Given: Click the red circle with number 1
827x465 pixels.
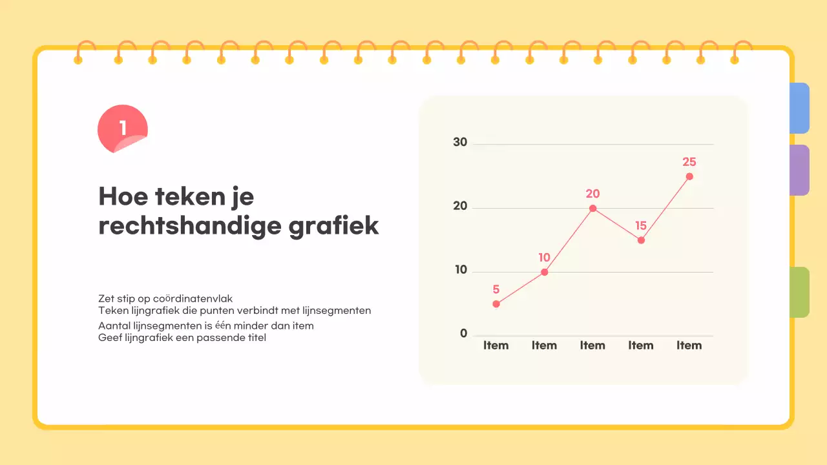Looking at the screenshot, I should click(x=123, y=129).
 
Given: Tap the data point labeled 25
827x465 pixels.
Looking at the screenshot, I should click(x=689, y=176).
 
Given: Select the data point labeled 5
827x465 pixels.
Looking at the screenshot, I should click(x=496, y=304).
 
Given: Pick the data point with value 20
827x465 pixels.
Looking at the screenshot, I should click(x=592, y=208).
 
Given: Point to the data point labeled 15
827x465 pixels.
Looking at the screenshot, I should click(x=641, y=240).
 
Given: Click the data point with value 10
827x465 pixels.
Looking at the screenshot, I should click(x=545, y=272).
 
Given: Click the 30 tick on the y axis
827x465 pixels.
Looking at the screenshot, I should click(x=460, y=142).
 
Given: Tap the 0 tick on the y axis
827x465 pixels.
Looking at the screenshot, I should click(x=463, y=334).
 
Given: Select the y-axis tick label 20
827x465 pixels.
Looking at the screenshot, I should click(x=460, y=207).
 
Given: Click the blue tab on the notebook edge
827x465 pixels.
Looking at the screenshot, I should click(x=800, y=108).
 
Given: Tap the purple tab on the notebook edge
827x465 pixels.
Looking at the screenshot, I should click(x=800, y=170).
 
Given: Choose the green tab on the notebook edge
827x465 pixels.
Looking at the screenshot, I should click(x=800, y=292).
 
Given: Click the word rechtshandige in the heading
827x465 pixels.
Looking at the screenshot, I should click(x=190, y=227).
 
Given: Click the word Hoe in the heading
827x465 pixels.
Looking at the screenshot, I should click(x=121, y=196).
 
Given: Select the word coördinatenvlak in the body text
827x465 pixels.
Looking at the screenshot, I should click(x=193, y=298).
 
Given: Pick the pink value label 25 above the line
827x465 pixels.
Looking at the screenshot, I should click(x=689, y=162).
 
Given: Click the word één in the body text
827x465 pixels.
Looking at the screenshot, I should click(x=222, y=325).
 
